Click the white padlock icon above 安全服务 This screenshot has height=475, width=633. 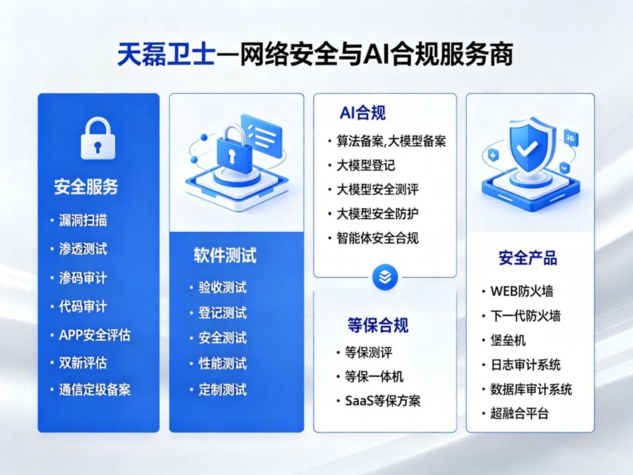[98, 138]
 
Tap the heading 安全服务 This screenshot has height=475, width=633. [86, 187]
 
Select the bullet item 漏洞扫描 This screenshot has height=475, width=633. [83, 220]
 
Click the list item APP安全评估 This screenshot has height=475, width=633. [95, 335]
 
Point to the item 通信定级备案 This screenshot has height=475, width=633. [95, 390]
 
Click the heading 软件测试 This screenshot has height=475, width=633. [225, 255]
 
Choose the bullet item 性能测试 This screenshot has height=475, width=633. [223, 364]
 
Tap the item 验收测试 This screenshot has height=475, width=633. [223, 288]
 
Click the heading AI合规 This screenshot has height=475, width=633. [362, 113]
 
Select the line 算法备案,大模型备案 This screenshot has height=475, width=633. [391, 141]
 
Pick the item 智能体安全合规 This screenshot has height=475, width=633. [378, 238]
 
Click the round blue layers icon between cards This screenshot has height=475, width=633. [385, 277]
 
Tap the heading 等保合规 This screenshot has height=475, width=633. [378, 325]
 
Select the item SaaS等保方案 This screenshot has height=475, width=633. [383, 401]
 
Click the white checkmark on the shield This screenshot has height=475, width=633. [527, 148]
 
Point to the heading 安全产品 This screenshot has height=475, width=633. [528, 258]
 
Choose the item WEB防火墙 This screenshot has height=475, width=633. [522, 291]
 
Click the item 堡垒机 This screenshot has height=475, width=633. [508, 340]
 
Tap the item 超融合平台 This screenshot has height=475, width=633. [519, 413]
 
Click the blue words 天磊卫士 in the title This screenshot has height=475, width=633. [167, 54]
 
